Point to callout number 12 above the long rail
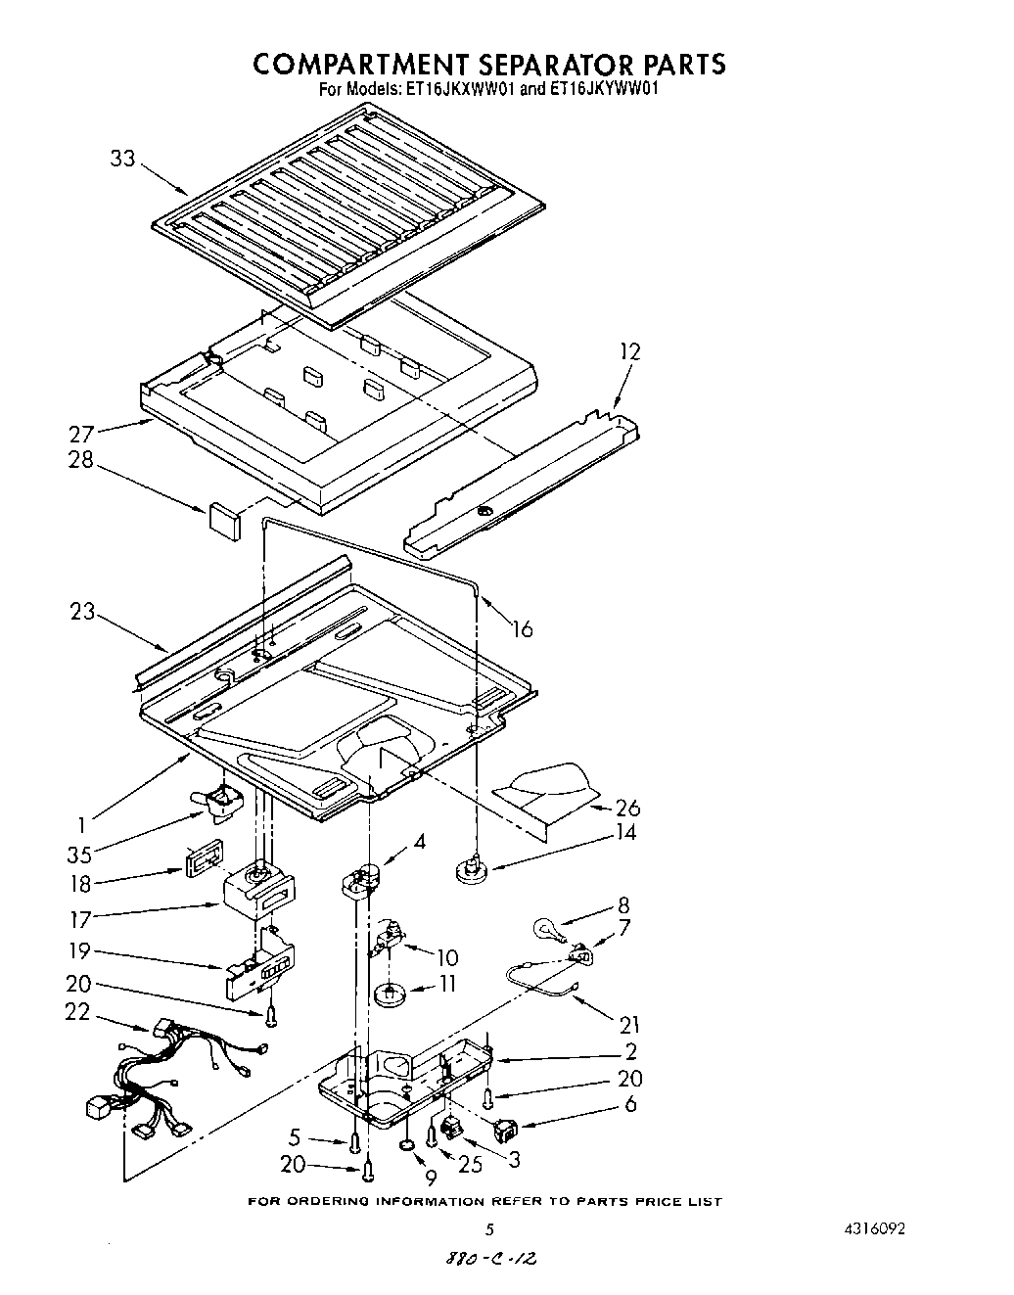[x=629, y=351]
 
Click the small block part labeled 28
[x=224, y=519]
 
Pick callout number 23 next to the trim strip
[x=82, y=612]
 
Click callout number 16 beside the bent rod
[x=523, y=629]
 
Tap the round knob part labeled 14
[x=474, y=868]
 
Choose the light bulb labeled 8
[x=544, y=929]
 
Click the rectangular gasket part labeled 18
[x=203, y=858]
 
